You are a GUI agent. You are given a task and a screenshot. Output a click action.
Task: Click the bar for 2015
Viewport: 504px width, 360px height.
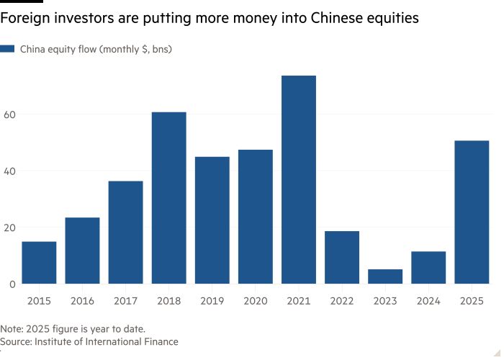coord(39,262)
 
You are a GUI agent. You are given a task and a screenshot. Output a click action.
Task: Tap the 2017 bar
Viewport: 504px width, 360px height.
coord(125,232)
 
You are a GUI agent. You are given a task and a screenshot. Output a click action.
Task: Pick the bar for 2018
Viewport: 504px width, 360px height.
coord(168,197)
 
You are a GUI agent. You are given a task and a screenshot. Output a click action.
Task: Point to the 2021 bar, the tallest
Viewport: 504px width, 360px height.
coord(298,179)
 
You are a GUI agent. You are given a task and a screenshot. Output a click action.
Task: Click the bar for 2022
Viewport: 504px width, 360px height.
coord(341,257)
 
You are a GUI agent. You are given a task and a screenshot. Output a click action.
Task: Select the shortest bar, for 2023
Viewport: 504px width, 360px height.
coord(384,276)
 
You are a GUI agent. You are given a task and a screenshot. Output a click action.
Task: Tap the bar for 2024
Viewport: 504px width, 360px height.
coord(428,267)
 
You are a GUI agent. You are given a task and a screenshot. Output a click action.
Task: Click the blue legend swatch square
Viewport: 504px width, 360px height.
coord(8,50)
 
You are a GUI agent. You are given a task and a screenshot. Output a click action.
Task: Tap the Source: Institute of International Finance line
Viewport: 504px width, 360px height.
coord(89,342)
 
